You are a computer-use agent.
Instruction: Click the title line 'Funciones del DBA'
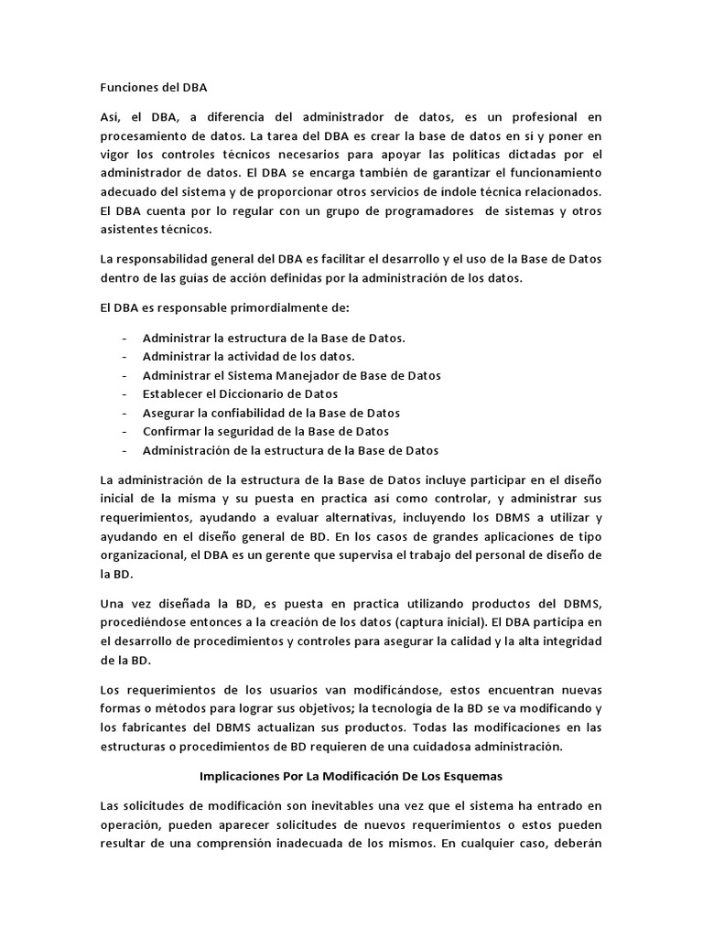tap(154, 88)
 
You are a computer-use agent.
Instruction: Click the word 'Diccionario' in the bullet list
tap(239, 393)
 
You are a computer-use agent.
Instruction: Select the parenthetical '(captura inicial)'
tap(430, 623)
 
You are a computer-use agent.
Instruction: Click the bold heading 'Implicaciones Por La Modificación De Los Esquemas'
tap(351, 776)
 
